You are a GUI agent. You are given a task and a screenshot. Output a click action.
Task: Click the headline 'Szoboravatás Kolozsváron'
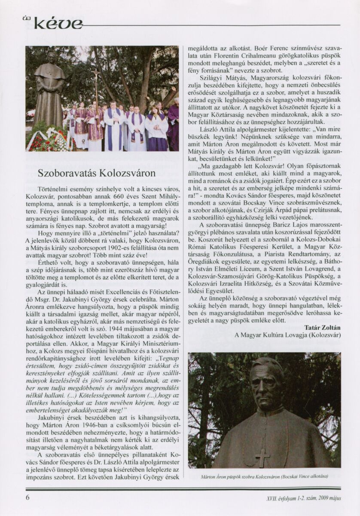pos(96,174)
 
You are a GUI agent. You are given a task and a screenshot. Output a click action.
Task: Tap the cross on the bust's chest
pos(262,457)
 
